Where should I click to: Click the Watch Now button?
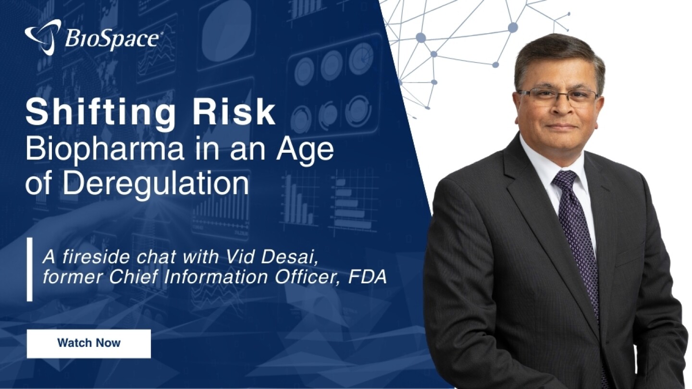[x=88, y=344]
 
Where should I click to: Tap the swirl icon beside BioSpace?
[x=43, y=36]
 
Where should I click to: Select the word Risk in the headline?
[x=232, y=112]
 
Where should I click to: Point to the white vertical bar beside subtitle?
[x=30, y=269]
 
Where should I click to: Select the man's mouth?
[x=562, y=127]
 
